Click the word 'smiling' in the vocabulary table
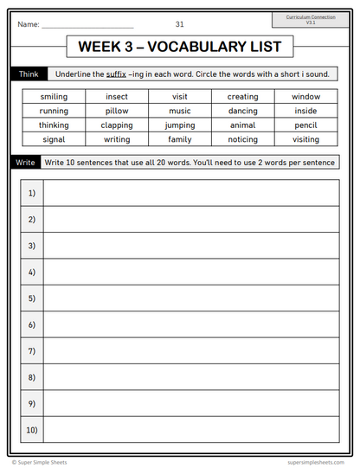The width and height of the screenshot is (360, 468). (x=54, y=97)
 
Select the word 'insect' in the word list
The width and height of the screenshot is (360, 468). (x=117, y=97)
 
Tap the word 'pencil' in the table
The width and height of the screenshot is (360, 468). (x=305, y=125)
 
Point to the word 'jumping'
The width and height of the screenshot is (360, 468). (x=180, y=125)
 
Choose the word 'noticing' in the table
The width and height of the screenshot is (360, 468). (x=243, y=139)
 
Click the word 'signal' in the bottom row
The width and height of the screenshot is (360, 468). (x=54, y=139)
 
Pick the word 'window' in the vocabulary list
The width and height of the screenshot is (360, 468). (x=305, y=97)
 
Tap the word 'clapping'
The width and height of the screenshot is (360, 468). (x=117, y=125)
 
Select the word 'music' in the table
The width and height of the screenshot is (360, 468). (x=180, y=111)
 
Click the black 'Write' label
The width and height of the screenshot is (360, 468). (x=26, y=162)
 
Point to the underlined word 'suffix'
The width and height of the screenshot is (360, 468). (x=117, y=74)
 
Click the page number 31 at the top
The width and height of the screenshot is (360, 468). (x=179, y=24)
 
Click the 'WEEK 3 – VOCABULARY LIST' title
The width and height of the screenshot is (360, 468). (x=179, y=47)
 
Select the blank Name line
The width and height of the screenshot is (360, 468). (x=87, y=26)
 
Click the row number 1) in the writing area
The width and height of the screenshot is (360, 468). (x=32, y=193)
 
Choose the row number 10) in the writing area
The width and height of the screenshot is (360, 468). (x=32, y=429)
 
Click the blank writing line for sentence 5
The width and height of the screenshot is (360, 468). (x=190, y=298)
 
